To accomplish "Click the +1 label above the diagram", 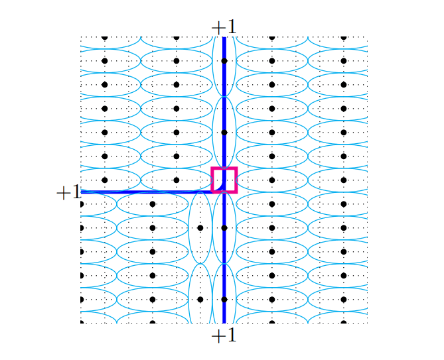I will [224, 27].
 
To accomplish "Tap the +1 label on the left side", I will [68, 192].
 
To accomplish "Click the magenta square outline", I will [224, 180].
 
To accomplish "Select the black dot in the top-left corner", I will [104, 37].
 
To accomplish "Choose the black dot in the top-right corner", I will [343, 37].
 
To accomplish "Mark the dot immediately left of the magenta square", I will [176, 180].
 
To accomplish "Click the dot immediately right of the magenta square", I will [271, 180].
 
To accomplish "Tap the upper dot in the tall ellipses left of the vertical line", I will [200, 227].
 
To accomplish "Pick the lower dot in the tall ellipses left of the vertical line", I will [200, 299].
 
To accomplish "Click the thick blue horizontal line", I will [146, 192].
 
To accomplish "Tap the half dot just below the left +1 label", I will [82, 204].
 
